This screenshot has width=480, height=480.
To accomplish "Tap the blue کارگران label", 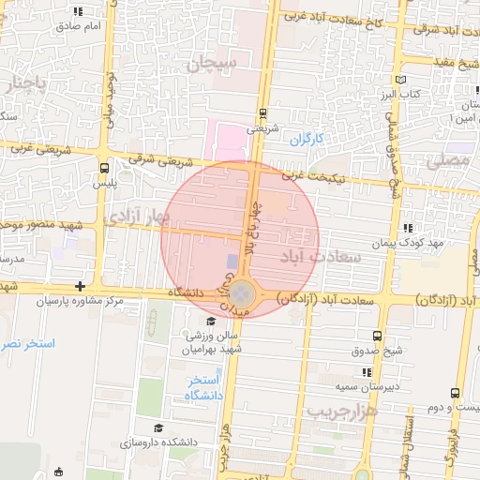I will [305, 139].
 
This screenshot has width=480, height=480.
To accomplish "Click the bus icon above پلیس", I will [103, 168].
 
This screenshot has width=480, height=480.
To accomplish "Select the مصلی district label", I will [447, 160].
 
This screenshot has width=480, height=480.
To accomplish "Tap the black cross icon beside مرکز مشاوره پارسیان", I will [81, 286].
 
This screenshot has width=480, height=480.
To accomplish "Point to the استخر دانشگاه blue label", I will [203, 387].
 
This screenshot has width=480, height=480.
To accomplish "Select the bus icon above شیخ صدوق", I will [376, 336].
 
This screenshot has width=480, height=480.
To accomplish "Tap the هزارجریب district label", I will [341, 412].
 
